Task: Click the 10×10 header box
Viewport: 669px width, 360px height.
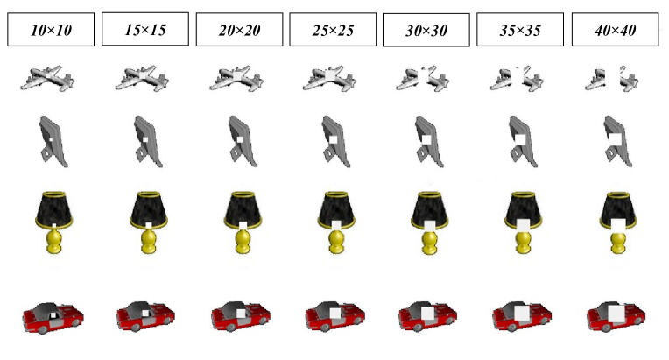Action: [51, 30]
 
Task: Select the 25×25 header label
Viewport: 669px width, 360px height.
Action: [333, 30]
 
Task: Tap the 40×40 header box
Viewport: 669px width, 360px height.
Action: [615, 30]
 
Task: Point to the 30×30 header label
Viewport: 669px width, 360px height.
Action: [426, 31]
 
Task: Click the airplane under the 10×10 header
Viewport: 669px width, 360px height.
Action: [47, 79]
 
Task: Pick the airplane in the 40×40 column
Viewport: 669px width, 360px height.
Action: [611, 79]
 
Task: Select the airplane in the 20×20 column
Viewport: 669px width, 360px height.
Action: [236, 79]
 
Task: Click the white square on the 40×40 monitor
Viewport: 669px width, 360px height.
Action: [615, 139]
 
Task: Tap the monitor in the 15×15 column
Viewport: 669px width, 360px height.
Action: [148, 142]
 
